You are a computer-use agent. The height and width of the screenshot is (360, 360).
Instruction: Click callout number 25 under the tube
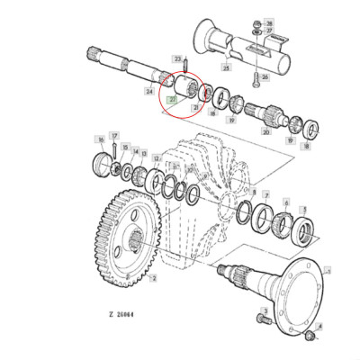coord(226,68)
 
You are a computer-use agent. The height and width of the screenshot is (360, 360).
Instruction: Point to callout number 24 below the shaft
coord(148,91)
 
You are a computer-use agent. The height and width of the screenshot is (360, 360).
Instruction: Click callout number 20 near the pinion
coord(266,131)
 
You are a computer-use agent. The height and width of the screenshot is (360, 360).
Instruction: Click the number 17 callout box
coord(114,136)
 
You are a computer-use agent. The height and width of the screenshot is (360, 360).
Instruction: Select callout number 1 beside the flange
coord(327,266)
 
